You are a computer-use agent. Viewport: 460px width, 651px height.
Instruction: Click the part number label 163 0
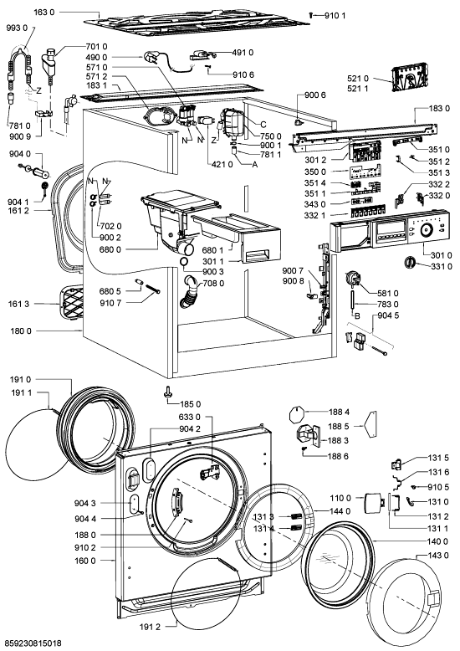click(x=43, y=12)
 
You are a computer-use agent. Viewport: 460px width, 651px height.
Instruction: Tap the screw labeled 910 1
click(x=311, y=15)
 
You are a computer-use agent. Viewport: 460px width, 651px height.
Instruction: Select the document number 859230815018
click(x=31, y=644)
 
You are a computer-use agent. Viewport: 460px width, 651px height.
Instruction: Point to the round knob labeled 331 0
click(x=409, y=263)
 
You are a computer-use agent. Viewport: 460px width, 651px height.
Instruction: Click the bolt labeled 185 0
click(x=168, y=392)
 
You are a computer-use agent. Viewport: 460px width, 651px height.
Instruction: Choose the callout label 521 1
click(x=358, y=88)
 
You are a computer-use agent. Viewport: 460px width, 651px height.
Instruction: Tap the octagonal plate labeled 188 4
click(x=295, y=415)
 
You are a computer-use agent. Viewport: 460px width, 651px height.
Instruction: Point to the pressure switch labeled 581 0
click(x=352, y=277)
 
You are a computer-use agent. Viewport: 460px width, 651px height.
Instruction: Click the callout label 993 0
click(x=17, y=28)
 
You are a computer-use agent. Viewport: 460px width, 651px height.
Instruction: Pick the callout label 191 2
click(x=150, y=627)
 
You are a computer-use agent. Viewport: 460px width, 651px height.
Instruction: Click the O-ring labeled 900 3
click(x=185, y=261)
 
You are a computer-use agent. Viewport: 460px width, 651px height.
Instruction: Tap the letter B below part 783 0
click(x=356, y=315)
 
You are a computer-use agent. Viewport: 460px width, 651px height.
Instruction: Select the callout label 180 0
click(x=21, y=331)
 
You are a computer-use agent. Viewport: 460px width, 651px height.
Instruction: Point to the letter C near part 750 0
click(x=263, y=124)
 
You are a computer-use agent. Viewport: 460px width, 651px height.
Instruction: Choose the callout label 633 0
click(x=190, y=417)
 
